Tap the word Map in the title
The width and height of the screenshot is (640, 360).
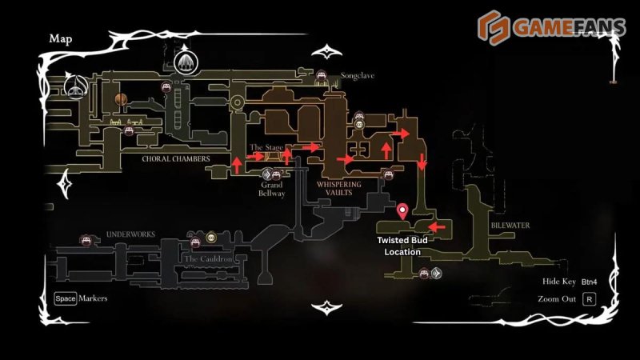tap(61, 38)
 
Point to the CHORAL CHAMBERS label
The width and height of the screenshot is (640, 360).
tap(175, 158)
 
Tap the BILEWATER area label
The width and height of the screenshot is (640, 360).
tap(510, 226)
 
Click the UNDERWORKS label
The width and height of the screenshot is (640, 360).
tap(130, 234)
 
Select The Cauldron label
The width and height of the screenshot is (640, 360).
tap(207, 259)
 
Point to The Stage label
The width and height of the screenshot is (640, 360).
tap(266, 147)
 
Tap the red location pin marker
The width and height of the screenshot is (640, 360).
tap(402, 211)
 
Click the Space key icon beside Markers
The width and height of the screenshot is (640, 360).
tap(66, 298)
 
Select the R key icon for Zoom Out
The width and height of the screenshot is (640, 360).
tap(589, 299)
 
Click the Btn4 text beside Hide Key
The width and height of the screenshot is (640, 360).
tap(590, 282)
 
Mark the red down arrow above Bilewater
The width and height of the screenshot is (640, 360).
tap(422, 164)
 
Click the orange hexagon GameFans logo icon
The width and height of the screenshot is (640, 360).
tap(494, 26)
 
